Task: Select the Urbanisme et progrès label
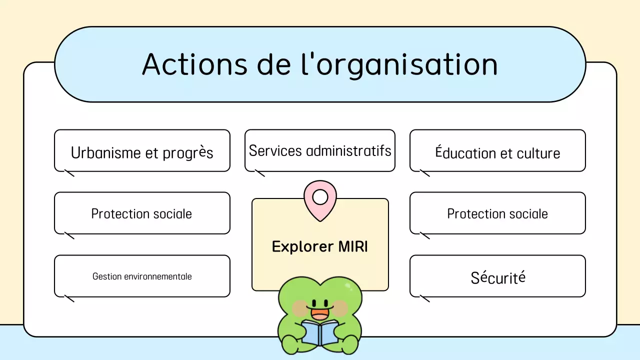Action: [142, 152]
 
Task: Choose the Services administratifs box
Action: [320, 150]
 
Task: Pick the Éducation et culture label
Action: [497, 153]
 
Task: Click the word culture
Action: [538, 153]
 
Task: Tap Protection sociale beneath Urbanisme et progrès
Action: [141, 214]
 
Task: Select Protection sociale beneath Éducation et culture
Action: [497, 214]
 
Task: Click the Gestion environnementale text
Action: [142, 276]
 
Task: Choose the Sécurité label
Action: [497, 277]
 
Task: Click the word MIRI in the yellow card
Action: [352, 246]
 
